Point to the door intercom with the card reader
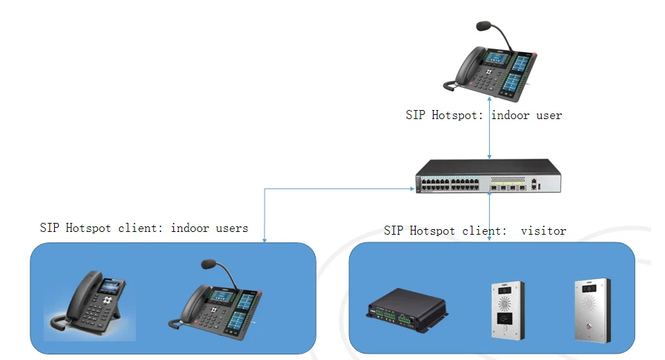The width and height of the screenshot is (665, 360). [x=507, y=309]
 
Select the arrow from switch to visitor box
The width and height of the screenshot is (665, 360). [x=490, y=217]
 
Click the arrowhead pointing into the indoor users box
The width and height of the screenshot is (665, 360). [x=265, y=240]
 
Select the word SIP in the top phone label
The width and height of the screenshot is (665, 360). [x=416, y=116]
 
